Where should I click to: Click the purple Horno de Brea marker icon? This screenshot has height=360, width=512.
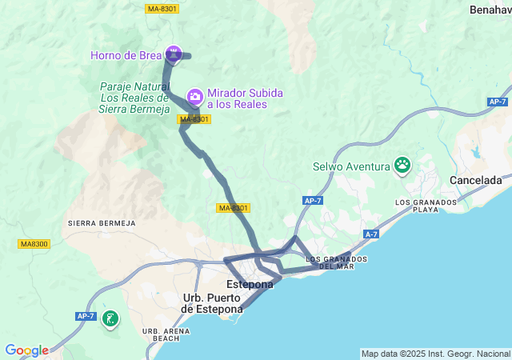point(174,54)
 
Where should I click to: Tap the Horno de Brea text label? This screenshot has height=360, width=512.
point(126,55)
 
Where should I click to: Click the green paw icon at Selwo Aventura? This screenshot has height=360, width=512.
point(402,166)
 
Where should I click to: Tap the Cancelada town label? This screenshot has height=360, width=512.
point(475,180)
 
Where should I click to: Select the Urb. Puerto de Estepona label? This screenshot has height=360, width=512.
point(212,304)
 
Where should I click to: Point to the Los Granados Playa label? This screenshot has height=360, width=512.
point(426,206)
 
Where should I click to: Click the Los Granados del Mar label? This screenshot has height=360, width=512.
point(336,262)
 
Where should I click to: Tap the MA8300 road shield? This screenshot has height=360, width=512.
point(34,244)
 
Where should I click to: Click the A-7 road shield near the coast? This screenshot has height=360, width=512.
point(370,234)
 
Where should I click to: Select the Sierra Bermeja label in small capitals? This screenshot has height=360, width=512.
point(102,222)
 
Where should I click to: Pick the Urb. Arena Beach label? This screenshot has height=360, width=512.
point(161,334)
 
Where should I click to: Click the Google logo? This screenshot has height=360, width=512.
point(26,350)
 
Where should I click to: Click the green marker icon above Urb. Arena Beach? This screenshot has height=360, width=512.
point(109,319)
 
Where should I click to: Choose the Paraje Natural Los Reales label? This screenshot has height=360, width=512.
point(134,98)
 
